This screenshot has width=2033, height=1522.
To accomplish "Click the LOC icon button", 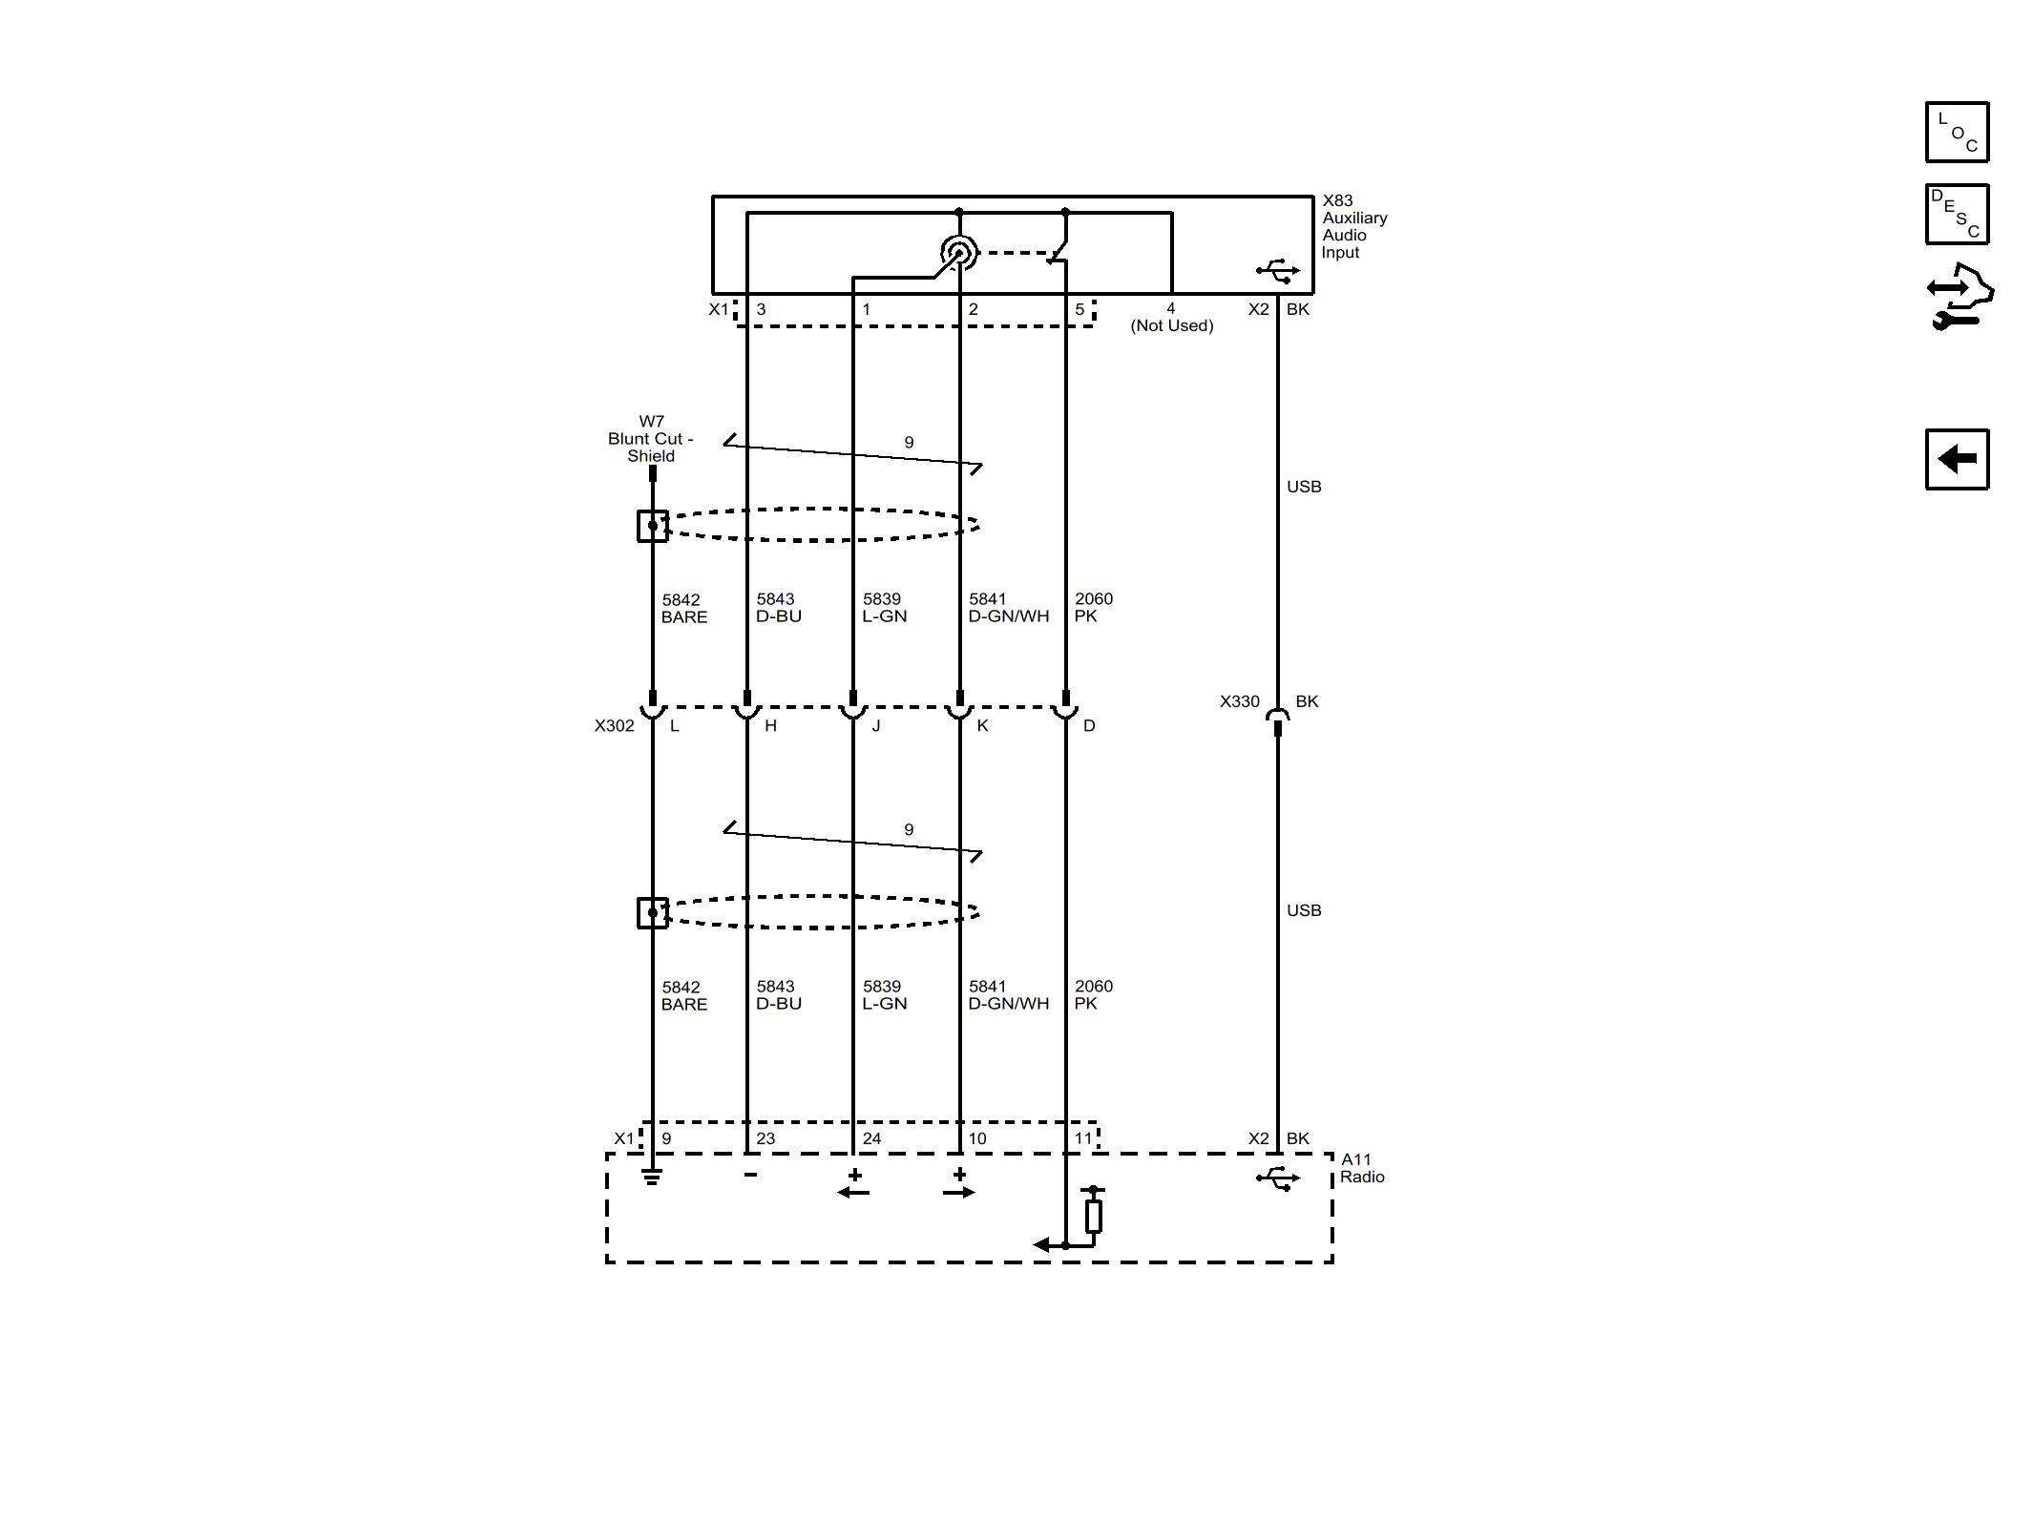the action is click(x=1957, y=132).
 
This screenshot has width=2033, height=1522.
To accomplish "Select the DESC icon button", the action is click(x=1957, y=214).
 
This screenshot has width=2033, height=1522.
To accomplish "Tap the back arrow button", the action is click(x=1957, y=459).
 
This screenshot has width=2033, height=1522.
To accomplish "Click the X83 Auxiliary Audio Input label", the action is click(x=1354, y=227).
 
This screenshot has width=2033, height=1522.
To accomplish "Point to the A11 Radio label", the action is click(x=1362, y=1169).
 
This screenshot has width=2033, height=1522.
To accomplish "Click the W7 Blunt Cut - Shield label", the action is click(x=651, y=439).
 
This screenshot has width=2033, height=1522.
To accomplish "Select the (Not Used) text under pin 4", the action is click(x=1172, y=326).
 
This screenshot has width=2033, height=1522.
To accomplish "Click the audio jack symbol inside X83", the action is click(x=958, y=253).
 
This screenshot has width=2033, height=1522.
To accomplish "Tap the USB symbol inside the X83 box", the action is click(x=1278, y=271).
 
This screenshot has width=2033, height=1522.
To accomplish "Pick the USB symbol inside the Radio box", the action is click(x=1278, y=1179).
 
